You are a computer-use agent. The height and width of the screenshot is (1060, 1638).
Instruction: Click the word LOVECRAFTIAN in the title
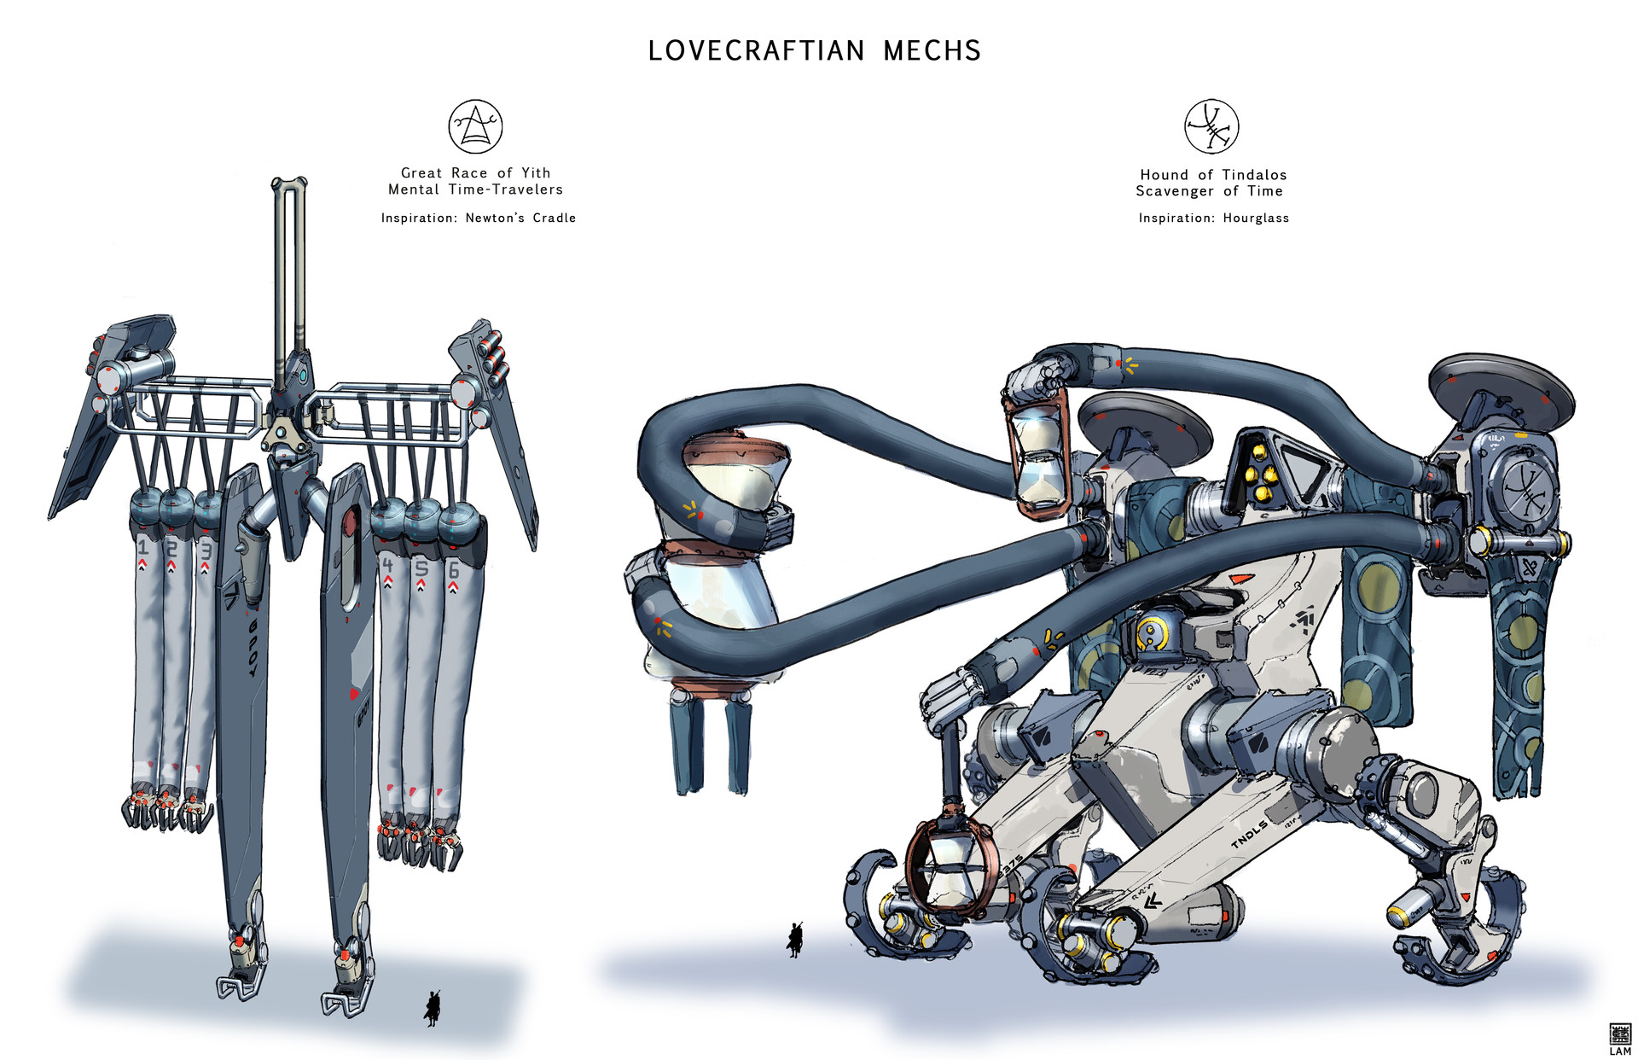[756, 51]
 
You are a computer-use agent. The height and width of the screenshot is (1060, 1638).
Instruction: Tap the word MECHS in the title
[932, 51]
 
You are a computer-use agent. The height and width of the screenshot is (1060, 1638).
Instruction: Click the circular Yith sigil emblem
[475, 126]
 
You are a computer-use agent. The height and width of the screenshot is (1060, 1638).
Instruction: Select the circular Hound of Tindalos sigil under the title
[1211, 126]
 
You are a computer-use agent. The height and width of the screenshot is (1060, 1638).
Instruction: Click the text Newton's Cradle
[520, 218]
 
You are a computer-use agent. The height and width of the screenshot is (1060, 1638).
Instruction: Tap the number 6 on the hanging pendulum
[454, 570]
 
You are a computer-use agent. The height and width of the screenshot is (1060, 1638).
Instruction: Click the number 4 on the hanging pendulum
[388, 564]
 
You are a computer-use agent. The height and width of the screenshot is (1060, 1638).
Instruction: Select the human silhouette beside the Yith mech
[433, 1008]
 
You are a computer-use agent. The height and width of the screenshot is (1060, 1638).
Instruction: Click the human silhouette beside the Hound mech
[795, 940]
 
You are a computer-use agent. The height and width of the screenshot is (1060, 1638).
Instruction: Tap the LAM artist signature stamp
[1619, 1039]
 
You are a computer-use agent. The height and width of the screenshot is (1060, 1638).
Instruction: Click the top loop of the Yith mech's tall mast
[289, 183]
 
